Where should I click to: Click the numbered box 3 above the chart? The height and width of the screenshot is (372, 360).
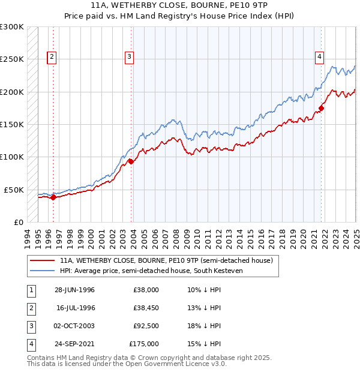pyautogui.click(x=129, y=58)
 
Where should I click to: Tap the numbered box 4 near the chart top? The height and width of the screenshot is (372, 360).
pyautogui.click(x=319, y=58)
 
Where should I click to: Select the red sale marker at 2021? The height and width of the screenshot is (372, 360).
pyautogui.click(x=321, y=108)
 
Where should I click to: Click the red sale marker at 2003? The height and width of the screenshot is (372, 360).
pyautogui.click(x=131, y=161)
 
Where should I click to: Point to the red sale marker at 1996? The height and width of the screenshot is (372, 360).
pyautogui.click(x=53, y=197)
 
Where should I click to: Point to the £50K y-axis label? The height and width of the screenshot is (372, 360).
pyautogui.click(x=14, y=190)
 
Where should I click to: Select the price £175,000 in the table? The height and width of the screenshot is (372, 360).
pyautogui.click(x=144, y=344)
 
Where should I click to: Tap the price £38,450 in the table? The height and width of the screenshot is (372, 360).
pyautogui.click(x=145, y=308)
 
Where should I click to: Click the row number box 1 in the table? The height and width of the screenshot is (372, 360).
pyautogui.click(x=30, y=290)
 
